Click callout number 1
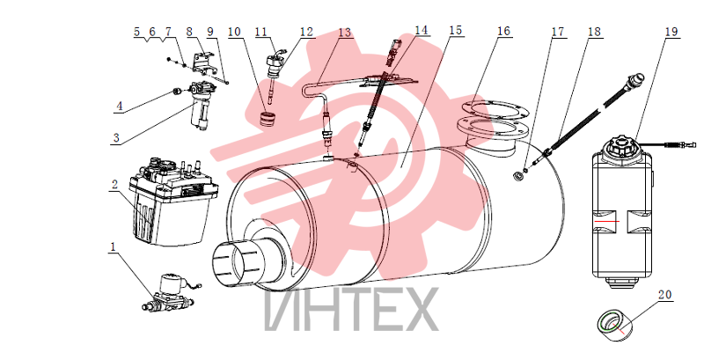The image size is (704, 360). pos(114,246)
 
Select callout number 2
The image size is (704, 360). pos(115,184)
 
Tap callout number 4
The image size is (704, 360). pos(119,107)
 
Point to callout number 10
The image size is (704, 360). pos(234,32)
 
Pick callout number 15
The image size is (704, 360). pos(455,31)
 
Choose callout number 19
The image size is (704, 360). pos(671,32)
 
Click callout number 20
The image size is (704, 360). pos(665,295)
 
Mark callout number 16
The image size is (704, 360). pos(503,31)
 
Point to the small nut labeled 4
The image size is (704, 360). pos(177,92)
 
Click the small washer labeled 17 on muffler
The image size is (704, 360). pos(518,175)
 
